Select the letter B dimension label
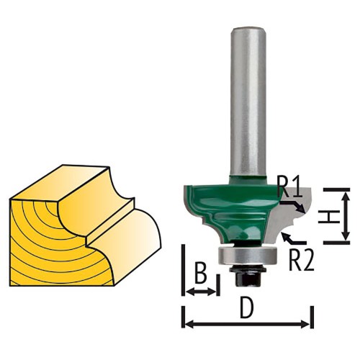click(x=201, y=274)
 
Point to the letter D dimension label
click(x=247, y=309)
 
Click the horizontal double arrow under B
click(x=201, y=292)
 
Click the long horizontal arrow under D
click(x=248, y=325)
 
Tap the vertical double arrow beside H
click(x=346, y=216)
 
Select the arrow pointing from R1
click(x=293, y=207)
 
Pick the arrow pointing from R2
click(x=294, y=238)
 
